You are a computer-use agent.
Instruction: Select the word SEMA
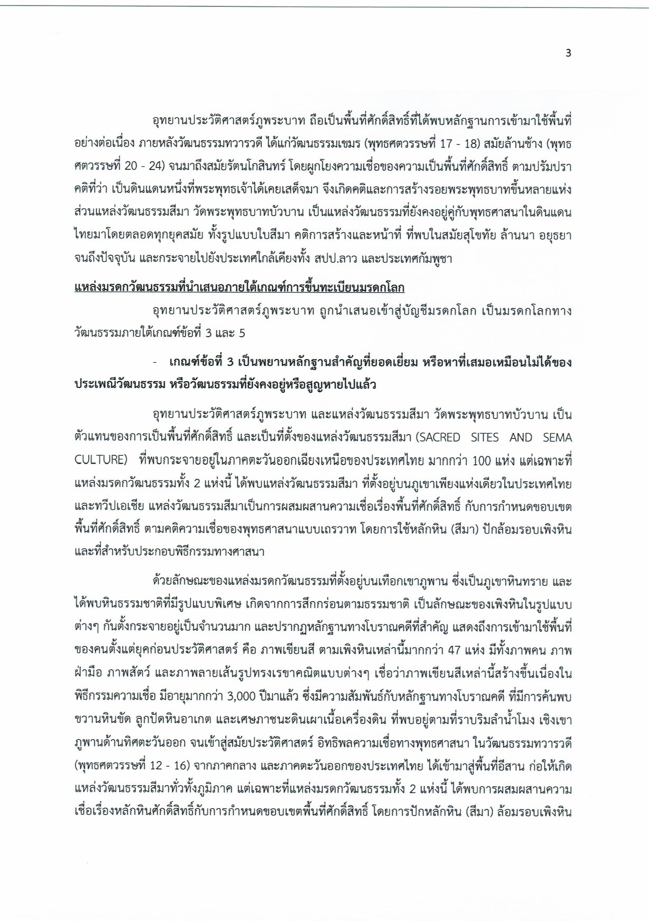pyautogui.click(x=557, y=438)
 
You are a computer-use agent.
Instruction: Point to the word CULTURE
pyautogui.click(x=99, y=460)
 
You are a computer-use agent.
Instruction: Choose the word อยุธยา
pyautogui.click(x=553, y=236)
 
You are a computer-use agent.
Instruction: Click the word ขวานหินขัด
pyautogui.click(x=97, y=720)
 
